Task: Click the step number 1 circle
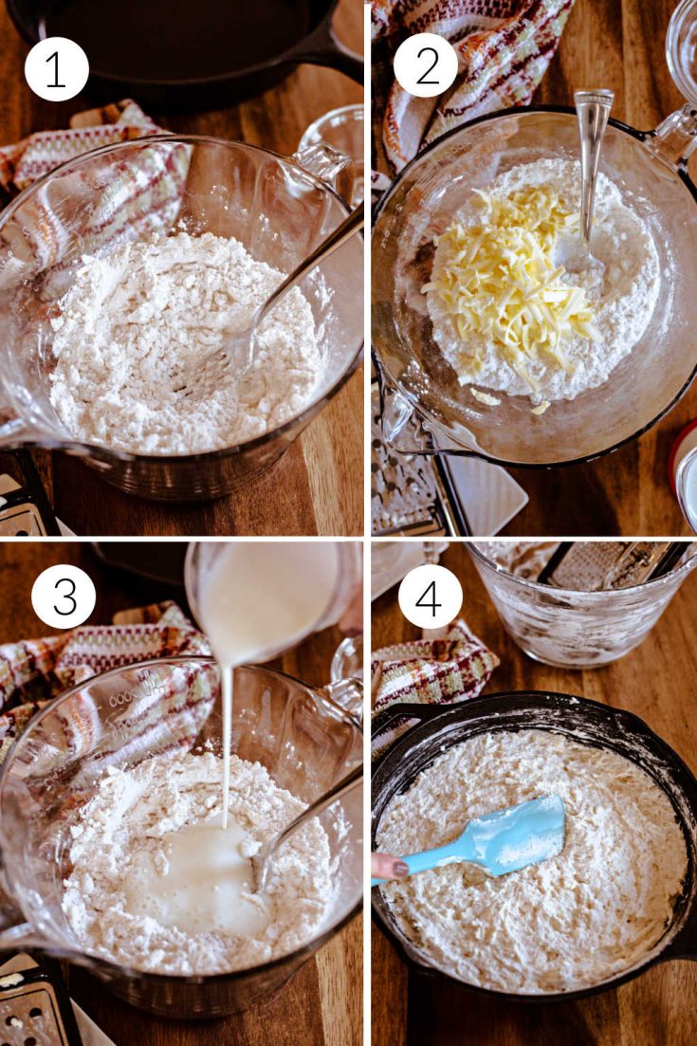pyautogui.click(x=57, y=68)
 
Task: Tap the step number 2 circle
pyautogui.click(x=426, y=64)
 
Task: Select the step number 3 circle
pyautogui.click(x=64, y=596)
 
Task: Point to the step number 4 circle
pyautogui.click(x=431, y=596)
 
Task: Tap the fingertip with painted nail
pyautogui.click(x=388, y=866)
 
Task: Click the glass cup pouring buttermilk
pyautogui.click(x=273, y=600)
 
